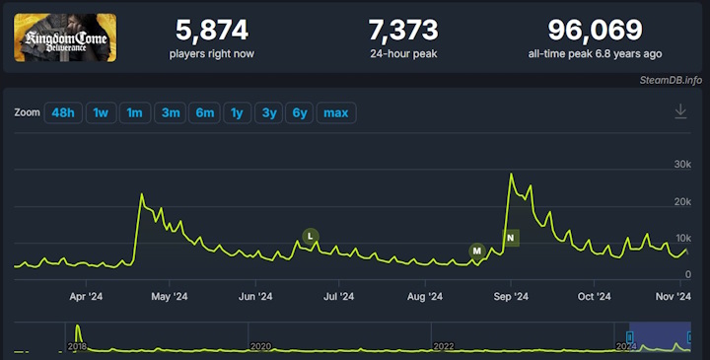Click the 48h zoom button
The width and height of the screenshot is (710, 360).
click(63, 112)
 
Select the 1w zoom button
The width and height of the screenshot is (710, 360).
click(101, 112)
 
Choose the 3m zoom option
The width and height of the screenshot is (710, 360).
click(171, 112)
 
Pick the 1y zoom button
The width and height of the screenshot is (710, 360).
click(237, 112)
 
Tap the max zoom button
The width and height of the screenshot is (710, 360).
click(336, 112)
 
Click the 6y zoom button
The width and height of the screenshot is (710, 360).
click(300, 112)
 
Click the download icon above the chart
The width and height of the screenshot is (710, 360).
click(680, 111)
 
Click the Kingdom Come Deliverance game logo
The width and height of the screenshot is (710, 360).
click(65, 36)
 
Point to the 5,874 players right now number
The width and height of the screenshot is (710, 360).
click(211, 30)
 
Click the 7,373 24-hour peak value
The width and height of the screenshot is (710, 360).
click(401, 30)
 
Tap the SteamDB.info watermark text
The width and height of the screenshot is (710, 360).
click(671, 79)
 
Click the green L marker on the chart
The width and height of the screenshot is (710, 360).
click(311, 236)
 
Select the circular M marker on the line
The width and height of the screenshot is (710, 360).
click(477, 252)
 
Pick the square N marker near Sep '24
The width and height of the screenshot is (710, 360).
click(511, 238)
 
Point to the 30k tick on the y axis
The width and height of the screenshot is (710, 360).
click(682, 164)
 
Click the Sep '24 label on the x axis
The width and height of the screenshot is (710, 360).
click(510, 295)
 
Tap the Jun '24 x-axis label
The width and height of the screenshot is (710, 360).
click(255, 295)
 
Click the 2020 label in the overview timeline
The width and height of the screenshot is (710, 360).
click(260, 346)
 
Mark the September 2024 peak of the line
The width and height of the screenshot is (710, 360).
click(511, 175)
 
